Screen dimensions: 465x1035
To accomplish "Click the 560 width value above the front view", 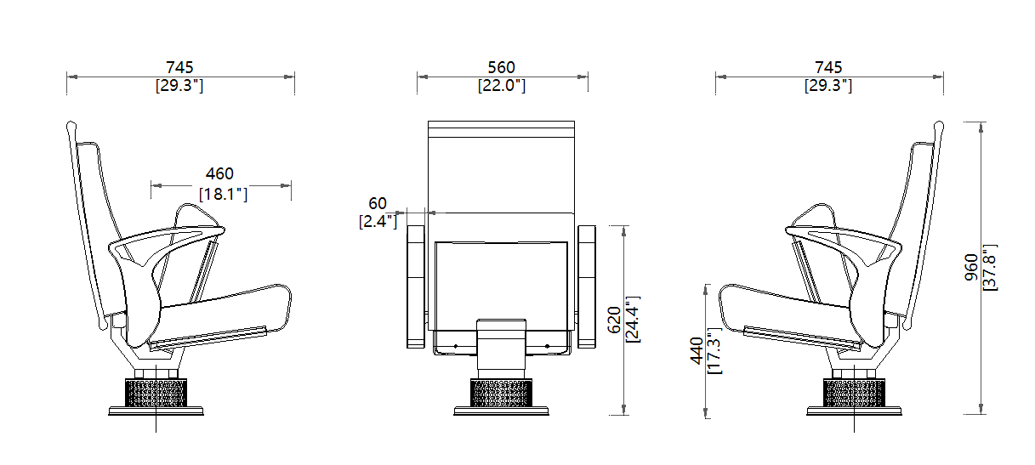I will (x=501, y=67).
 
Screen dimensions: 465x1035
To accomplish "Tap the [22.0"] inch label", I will (x=501, y=85).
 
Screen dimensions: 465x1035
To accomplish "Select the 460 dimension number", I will (x=219, y=174).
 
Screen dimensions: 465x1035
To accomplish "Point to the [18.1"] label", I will (x=223, y=194).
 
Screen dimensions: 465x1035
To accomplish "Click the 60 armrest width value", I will (x=377, y=203).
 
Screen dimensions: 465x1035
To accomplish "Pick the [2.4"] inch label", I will (x=378, y=222).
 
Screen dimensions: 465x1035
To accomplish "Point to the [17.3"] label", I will (x=714, y=350).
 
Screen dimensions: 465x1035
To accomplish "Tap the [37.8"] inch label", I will (x=989, y=267).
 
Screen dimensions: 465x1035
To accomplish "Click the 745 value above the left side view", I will (x=179, y=67).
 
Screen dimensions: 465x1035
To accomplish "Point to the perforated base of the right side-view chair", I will (x=854, y=392).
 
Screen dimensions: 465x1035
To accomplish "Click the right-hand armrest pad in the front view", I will (x=587, y=286).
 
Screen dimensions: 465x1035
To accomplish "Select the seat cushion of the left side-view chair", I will (x=221, y=306).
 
